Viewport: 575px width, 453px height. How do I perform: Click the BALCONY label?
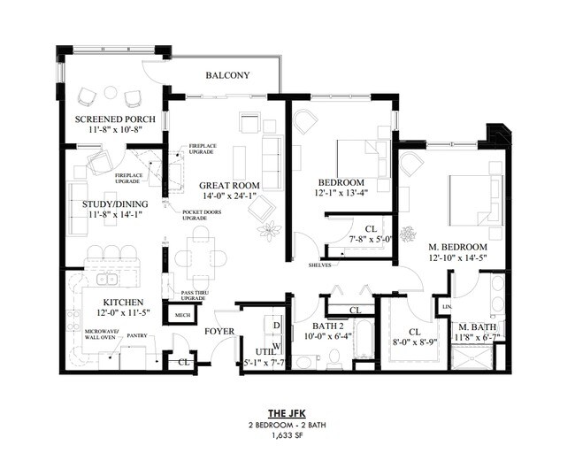[x=227, y=76]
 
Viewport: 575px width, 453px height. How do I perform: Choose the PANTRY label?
[x=136, y=335]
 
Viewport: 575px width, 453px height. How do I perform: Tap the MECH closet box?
[x=183, y=315]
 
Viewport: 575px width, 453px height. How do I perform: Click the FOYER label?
[x=218, y=332]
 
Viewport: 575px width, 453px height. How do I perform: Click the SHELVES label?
[x=320, y=265]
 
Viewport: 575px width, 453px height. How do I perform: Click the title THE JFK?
[x=287, y=412]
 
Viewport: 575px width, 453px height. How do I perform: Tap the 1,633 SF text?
[x=287, y=437]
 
